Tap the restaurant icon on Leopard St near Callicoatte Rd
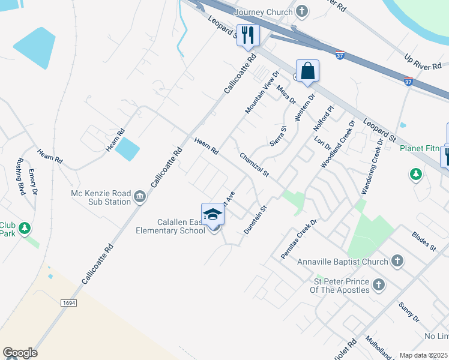(247, 34)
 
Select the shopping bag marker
(307, 71)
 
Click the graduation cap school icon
(212, 214)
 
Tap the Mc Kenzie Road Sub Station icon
(140, 197)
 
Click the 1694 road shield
(69, 304)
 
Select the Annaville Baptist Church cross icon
(396, 261)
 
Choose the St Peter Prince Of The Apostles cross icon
(378, 285)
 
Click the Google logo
(20, 353)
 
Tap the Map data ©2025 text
(423, 355)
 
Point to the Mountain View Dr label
(262, 92)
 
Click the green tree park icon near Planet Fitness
(415, 174)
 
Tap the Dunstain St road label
(255, 218)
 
